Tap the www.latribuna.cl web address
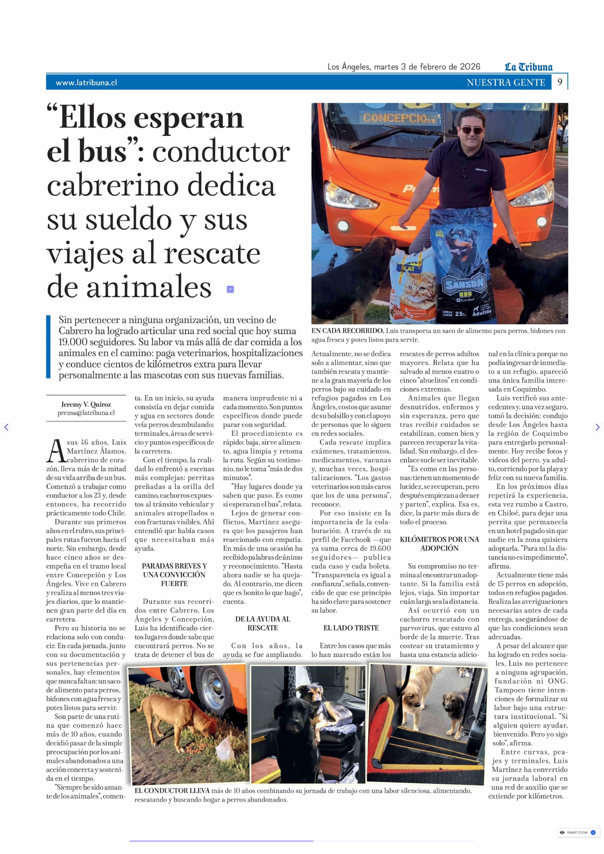click(86, 83)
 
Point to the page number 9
click(560, 82)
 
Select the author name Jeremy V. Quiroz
click(86, 404)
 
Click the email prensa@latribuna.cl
click(86, 413)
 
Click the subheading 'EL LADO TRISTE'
click(351, 628)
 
